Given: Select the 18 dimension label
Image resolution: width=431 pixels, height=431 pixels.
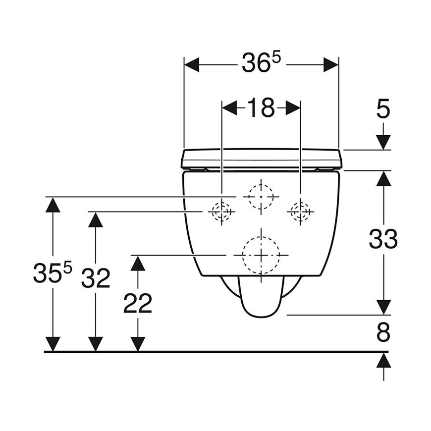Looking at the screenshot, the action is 261,108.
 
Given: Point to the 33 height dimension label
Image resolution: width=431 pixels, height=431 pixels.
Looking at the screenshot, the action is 383,239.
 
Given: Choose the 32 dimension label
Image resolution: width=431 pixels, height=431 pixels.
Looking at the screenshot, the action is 96,278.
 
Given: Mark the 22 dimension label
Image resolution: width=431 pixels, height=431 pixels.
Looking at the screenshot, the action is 138,303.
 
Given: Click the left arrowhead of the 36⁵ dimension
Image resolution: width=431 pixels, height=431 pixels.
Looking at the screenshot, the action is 192,65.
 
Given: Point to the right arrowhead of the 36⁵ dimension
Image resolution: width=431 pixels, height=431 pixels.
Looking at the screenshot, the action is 331,65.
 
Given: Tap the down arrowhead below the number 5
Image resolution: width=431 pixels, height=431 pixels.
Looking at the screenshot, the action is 383,143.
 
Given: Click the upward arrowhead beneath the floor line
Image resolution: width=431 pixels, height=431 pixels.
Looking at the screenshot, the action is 383,360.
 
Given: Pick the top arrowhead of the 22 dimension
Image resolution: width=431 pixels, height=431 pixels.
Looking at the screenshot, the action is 138,263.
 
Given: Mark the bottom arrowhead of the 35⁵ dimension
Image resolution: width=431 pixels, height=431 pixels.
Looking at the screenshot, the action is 53,344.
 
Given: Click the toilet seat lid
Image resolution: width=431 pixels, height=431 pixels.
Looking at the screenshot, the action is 261,159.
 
